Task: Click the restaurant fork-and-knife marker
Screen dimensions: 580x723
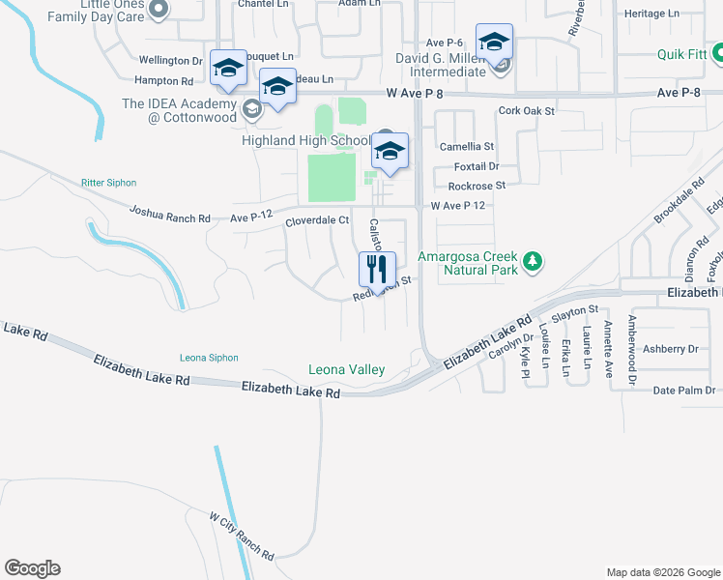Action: (377, 268)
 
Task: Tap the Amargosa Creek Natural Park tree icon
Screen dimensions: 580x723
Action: (532, 261)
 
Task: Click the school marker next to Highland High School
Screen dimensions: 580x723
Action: (390, 153)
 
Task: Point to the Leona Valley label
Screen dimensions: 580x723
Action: (346, 369)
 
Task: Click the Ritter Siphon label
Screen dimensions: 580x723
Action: (109, 183)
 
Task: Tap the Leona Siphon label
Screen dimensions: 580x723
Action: (209, 358)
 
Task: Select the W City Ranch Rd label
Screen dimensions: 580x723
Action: (243, 536)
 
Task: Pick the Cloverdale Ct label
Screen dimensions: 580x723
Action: (316, 221)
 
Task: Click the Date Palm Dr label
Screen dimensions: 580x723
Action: (683, 391)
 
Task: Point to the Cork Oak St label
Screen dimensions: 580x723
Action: (526, 111)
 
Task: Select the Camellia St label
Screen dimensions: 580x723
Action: (467, 147)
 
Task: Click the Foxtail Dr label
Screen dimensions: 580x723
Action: (474, 166)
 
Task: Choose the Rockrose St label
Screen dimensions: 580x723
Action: (477, 186)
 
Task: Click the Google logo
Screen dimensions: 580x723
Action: (32, 568)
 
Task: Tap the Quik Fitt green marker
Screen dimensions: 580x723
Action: (718, 55)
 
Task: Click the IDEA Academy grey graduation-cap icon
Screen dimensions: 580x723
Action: (251, 107)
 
